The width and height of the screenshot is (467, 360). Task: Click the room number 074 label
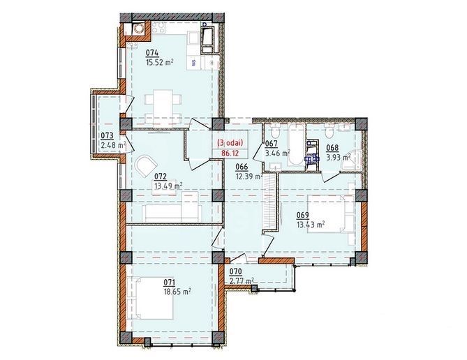pyautogui.click(x=151, y=52)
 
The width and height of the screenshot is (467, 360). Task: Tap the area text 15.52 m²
pyautogui.click(x=159, y=61)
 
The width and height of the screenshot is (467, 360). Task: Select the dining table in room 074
pyautogui.click(x=161, y=103)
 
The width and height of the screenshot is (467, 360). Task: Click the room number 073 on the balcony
pyautogui.click(x=107, y=136)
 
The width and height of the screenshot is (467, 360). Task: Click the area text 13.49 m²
pyautogui.click(x=168, y=186)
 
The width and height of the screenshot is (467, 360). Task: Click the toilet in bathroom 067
pyautogui.click(x=274, y=133)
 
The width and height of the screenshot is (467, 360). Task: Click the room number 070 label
pyautogui.click(x=236, y=273)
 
